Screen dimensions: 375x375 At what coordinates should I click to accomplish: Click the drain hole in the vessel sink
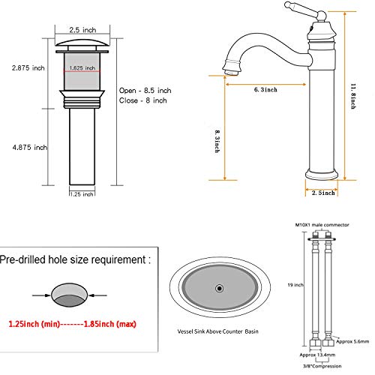point(220,287)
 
